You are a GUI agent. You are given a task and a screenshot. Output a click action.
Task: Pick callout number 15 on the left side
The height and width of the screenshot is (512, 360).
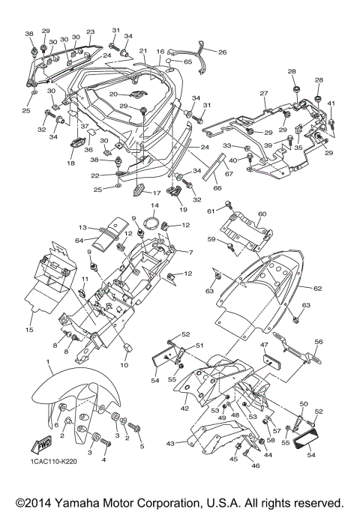tap(29, 328)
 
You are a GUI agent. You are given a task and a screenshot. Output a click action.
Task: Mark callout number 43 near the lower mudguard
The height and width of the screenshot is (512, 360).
tap(170, 444)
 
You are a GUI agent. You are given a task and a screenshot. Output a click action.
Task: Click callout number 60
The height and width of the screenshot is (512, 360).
tap(262, 214)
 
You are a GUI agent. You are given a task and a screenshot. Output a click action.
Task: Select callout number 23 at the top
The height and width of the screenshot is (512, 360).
tap(90, 32)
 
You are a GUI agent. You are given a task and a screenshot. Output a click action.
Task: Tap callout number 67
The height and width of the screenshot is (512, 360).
tap(230, 174)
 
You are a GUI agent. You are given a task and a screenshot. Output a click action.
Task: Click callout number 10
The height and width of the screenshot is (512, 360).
tap(124, 365)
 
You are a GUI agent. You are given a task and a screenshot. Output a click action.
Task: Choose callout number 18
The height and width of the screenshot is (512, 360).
tap(71, 162)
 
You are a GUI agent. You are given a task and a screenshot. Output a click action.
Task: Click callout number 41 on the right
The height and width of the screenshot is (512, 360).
tap(331, 103)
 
